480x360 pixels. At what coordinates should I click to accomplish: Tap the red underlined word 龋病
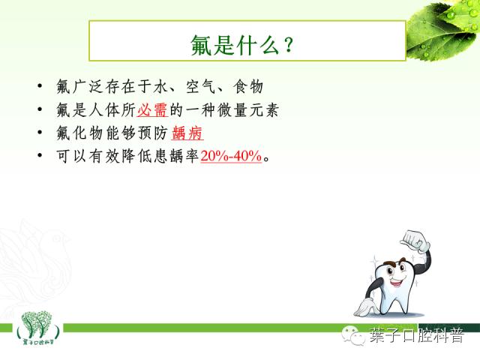187,134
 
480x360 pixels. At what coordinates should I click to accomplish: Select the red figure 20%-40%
231,157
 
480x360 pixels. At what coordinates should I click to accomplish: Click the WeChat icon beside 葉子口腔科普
351,334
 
